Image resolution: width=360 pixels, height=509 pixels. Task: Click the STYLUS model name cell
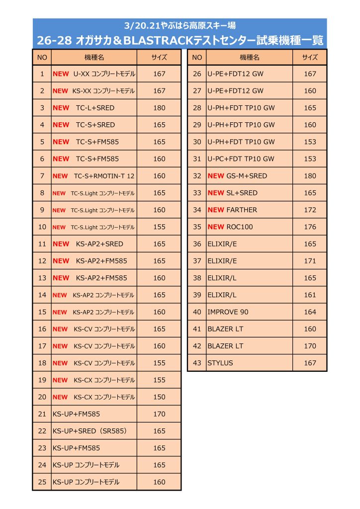pyautogui.click(x=220, y=363)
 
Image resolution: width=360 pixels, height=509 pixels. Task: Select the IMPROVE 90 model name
pyautogui.click(x=228, y=312)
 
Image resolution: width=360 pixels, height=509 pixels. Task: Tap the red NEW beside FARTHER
pyautogui.click(x=216, y=210)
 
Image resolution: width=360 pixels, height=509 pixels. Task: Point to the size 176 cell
pyautogui.click(x=310, y=227)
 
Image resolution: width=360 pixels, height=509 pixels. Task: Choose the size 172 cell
pyautogui.click(x=310, y=210)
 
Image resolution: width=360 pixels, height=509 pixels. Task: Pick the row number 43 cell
pyautogui.click(x=197, y=363)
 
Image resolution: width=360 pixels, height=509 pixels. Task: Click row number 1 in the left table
pyautogui.click(x=42, y=74)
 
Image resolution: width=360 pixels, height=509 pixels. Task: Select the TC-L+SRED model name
pyautogui.click(x=95, y=108)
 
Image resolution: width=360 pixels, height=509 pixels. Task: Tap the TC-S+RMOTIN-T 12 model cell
pyautogui.click(x=104, y=176)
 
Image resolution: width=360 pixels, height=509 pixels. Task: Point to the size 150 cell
pyautogui.click(x=159, y=397)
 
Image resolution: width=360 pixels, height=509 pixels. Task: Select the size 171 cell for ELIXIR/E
pyautogui.click(x=310, y=261)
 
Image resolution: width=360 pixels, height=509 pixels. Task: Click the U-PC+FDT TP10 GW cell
pyautogui.click(x=241, y=159)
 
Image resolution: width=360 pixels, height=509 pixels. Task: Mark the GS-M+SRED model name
pyautogui.click(x=247, y=176)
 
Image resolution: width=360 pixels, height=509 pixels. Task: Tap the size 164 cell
pyautogui.click(x=310, y=312)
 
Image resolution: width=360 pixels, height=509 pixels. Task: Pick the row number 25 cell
pyautogui.click(x=42, y=482)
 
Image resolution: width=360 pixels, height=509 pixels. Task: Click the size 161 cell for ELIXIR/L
pyautogui.click(x=310, y=295)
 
